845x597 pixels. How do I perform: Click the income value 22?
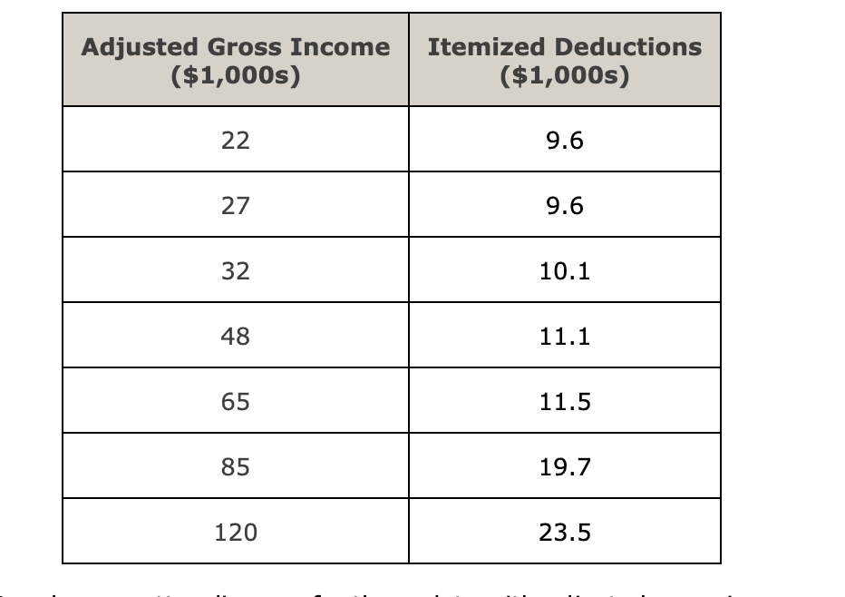(x=235, y=141)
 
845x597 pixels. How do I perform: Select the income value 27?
(x=235, y=206)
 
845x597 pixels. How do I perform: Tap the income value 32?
(x=235, y=271)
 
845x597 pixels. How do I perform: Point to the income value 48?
(x=235, y=337)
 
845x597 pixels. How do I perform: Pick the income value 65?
(x=235, y=401)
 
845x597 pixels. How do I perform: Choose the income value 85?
(x=235, y=466)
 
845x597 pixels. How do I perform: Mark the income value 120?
(x=235, y=532)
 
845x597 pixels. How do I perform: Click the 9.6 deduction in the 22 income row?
(x=565, y=141)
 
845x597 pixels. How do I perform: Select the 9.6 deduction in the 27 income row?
(x=565, y=206)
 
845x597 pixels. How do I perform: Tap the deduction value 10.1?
(x=565, y=271)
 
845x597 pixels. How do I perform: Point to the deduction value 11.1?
(x=565, y=337)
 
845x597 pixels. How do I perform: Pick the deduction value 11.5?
(x=565, y=401)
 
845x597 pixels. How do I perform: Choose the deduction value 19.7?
(x=565, y=466)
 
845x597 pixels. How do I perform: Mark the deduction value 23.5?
(x=565, y=532)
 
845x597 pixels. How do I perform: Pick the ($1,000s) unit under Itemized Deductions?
(x=564, y=75)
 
